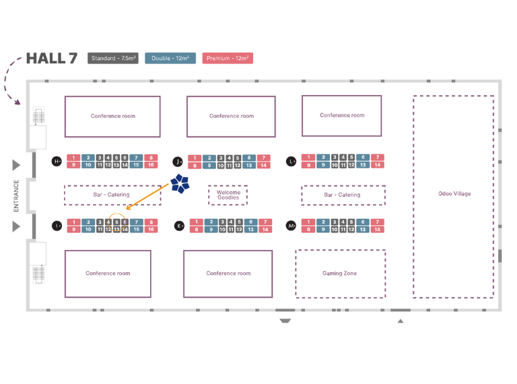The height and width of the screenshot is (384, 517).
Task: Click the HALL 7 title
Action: tap(51, 59)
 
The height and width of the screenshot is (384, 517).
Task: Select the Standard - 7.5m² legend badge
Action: tap(113, 59)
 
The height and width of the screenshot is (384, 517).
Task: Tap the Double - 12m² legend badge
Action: tap(170, 59)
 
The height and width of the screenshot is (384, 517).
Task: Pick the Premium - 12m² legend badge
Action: tap(228, 59)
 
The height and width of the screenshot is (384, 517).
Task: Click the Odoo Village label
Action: tap(454, 194)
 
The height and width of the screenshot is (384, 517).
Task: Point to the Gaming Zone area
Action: tap(340, 274)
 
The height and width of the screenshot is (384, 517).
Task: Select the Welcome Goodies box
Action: tap(228, 195)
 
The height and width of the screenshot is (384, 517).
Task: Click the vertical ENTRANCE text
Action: tap(17, 195)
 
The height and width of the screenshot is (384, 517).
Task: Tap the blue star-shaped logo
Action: tap(180, 183)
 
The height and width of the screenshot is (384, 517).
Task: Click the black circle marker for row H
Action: tap(57, 161)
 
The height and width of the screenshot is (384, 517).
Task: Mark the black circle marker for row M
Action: tap(291, 226)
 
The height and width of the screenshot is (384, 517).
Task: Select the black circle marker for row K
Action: tap(179, 226)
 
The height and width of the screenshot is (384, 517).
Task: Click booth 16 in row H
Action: tap(151, 165)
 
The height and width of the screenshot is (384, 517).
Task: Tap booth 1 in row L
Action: tap(308, 158)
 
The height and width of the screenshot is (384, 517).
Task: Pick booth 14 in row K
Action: tap(264, 230)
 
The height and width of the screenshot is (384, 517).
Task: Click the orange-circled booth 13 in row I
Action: tap(116, 230)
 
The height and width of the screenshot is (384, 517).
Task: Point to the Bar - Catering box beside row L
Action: tap(343, 195)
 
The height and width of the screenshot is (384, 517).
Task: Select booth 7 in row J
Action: tap(264, 158)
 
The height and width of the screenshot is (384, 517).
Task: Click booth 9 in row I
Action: tap(73, 230)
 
